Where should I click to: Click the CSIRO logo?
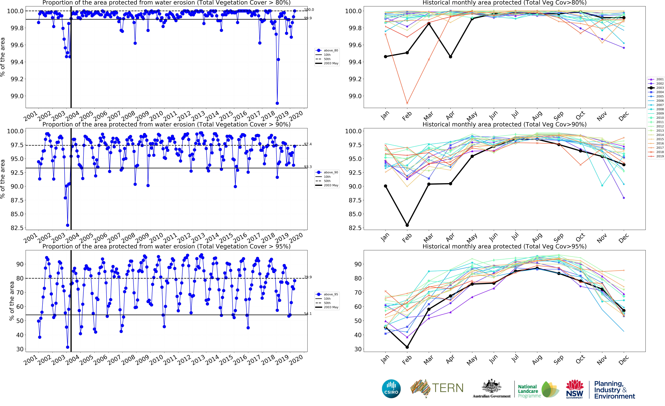point(391,389)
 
